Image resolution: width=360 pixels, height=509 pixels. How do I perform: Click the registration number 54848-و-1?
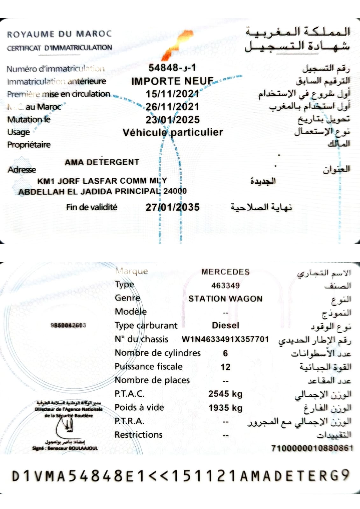[x=172, y=67]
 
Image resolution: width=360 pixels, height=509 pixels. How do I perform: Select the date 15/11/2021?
[x=172, y=94]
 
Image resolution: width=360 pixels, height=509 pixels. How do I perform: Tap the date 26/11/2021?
[x=172, y=107]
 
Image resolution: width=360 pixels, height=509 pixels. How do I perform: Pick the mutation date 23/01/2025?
[x=173, y=120]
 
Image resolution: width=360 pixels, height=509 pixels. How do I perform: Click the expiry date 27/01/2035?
[x=173, y=207]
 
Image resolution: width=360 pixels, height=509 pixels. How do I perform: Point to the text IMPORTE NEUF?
[x=172, y=81]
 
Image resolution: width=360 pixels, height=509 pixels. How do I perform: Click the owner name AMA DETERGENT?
[x=102, y=162]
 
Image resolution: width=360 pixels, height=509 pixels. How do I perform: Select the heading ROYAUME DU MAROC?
[x=60, y=34]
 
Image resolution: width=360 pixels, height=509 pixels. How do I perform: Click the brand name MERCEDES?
[x=225, y=272]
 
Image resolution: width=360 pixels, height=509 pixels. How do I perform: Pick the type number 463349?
[x=225, y=286]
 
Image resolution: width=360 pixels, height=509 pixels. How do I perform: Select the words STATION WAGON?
[x=225, y=299]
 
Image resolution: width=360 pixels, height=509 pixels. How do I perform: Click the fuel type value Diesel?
[x=225, y=325]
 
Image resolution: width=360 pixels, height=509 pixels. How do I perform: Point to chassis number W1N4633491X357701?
[x=225, y=339]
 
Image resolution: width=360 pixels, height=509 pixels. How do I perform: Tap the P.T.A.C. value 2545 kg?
[x=225, y=394]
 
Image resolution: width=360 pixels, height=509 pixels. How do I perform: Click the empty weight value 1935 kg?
[x=225, y=408]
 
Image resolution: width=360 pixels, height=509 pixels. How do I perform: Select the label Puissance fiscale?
[x=149, y=366]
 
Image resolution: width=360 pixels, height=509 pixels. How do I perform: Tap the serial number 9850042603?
[x=68, y=325]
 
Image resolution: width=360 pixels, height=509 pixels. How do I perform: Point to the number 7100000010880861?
[x=312, y=448]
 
